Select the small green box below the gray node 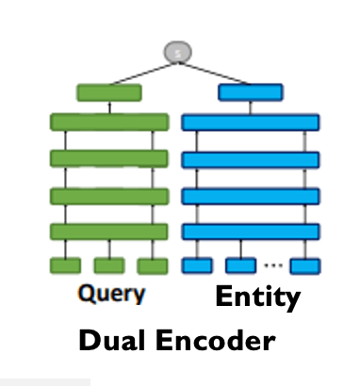[x=108, y=92]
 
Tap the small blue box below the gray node [x=250, y=92]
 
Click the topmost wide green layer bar [x=108, y=122]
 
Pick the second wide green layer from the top [x=108, y=158]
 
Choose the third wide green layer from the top [x=108, y=195]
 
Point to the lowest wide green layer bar [x=108, y=231]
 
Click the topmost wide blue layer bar [x=250, y=122]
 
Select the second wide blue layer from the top [x=250, y=159]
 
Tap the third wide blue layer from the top [x=250, y=195]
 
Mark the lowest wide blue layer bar [x=250, y=231]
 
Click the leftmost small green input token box [x=65, y=265]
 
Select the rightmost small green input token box [x=152, y=265]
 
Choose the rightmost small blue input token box [x=303, y=265]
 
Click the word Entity [x=257, y=298]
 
